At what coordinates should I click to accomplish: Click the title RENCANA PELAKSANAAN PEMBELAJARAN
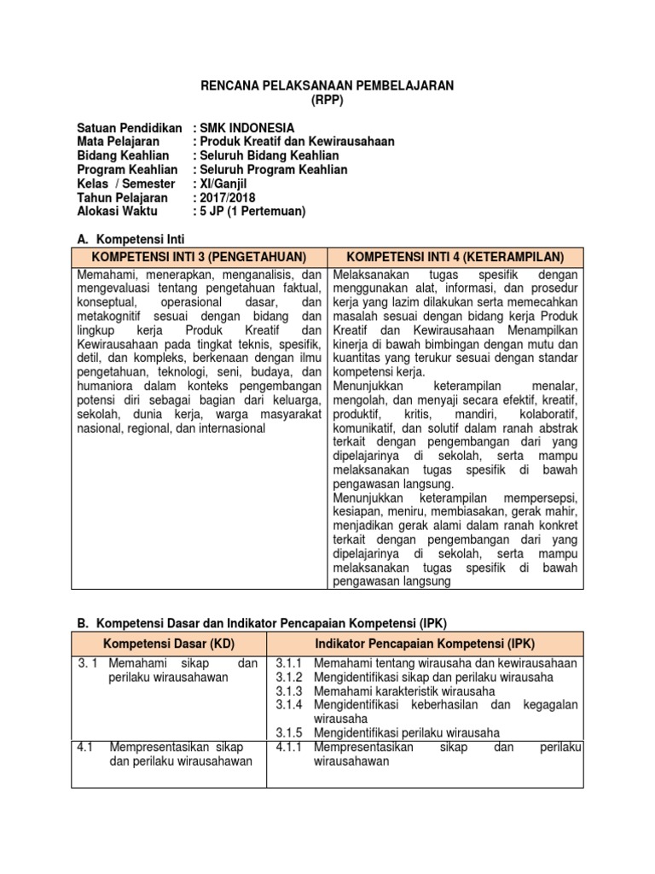point(327,86)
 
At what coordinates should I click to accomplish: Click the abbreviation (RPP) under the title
point(327,100)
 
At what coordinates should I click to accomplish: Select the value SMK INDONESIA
point(247,128)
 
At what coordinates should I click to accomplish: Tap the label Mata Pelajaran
point(119,142)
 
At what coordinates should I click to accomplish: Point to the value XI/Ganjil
point(226,184)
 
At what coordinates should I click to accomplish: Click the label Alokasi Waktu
point(116,211)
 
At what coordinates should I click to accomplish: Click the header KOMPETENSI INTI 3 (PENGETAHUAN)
point(200,257)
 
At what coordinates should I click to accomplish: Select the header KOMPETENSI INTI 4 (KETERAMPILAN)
point(455,257)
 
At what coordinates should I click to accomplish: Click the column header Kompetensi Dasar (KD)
point(169,641)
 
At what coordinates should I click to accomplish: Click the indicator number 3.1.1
point(290,663)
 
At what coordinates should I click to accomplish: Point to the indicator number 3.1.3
point(290,690)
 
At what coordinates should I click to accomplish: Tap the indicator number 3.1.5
point(290,732)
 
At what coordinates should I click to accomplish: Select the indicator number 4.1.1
point(290,747)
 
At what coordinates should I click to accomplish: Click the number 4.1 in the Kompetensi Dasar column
point(84,747)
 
